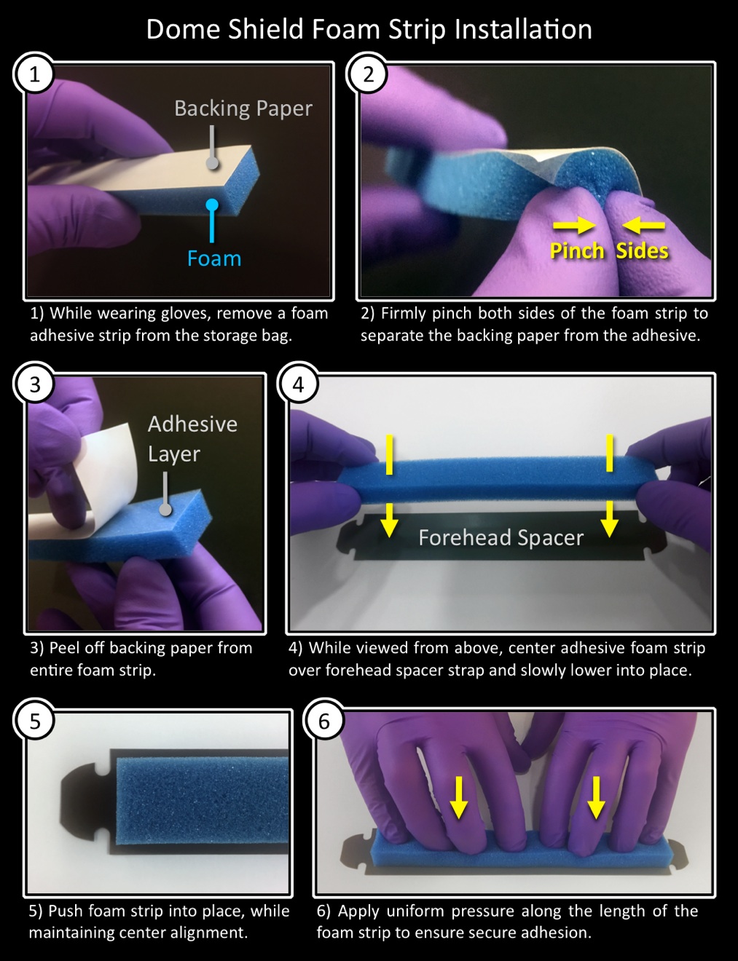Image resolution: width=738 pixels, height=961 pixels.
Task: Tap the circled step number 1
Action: click(x=34, y=74)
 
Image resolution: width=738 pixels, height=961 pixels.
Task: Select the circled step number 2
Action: click(x=368, y=74)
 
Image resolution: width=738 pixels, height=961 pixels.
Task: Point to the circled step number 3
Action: click(x=34, y=384)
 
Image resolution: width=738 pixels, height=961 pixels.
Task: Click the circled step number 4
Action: click(x=299, y=384)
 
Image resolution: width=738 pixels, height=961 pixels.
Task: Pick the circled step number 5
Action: click(x=34, y=721)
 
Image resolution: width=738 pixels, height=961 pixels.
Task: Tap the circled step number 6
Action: click(x=324, y=721)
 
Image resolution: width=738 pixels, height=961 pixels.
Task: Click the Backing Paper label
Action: click(x=243, y=108)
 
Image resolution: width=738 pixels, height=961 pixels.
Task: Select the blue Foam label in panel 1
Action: click(x=214, y=258)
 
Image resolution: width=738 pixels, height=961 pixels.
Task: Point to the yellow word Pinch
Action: click(x=577, y=250)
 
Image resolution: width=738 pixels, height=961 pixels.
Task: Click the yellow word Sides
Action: click(x=642, y=250)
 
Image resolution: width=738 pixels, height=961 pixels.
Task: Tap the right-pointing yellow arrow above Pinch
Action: click(x=574, y=226)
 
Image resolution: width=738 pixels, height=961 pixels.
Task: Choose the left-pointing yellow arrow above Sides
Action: click(x=643, y=226)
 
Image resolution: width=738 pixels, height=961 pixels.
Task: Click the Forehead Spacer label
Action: click(x=500, y=538)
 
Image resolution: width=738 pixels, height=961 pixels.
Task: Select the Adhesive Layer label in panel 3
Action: click(x=192, y=439)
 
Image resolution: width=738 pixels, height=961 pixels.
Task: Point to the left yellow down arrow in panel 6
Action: click(x=458, y=798)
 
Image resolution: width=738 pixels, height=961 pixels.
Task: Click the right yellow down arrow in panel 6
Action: click(x=597, y=798)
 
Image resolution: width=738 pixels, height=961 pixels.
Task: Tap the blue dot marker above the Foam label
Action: click(x=213, y=205)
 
